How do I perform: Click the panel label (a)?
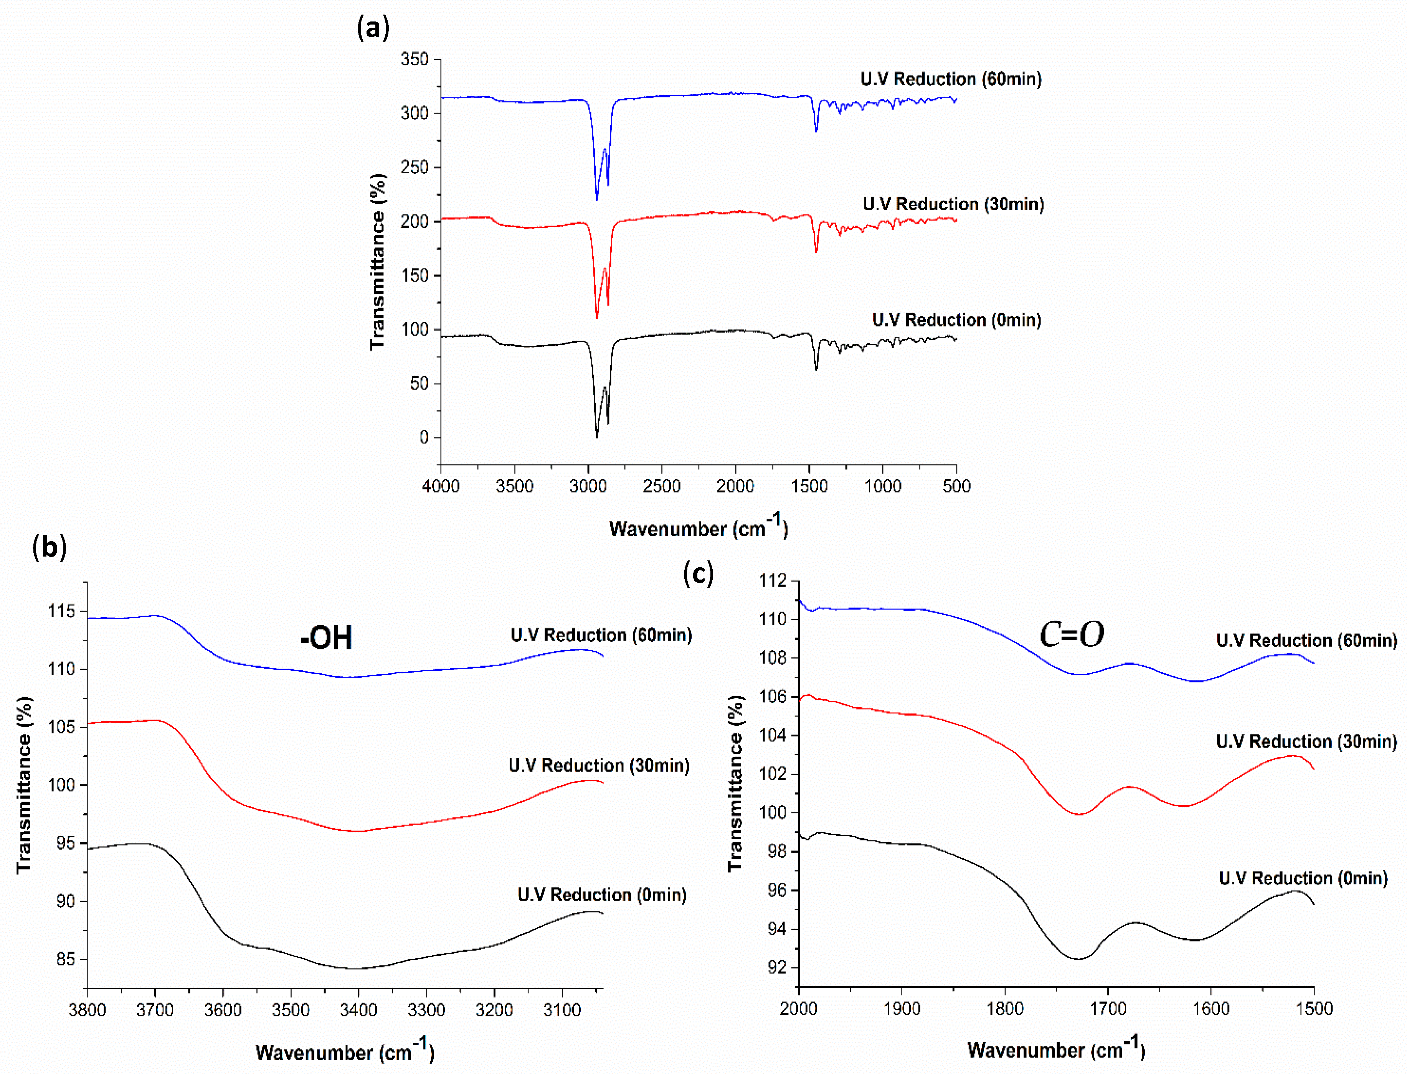click(x=373, y=28)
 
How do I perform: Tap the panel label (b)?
click(x=49, y=547)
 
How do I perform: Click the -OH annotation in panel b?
click(x=326, y=637)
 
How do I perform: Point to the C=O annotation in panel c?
click(x=1072, y=634)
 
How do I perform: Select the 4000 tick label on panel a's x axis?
click(x=441, y=486)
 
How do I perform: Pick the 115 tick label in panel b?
click(x=61, y=611)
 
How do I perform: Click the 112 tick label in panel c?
click(x=773, y=580)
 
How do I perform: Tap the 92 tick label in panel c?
click(x=776, y=967)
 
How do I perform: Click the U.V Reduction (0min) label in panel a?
click(x=956, y=320)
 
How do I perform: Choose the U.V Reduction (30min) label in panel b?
click(x=599, y=765)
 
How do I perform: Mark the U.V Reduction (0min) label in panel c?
click(x=1303, y=878)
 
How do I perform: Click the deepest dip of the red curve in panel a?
click(x=597, y=317)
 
